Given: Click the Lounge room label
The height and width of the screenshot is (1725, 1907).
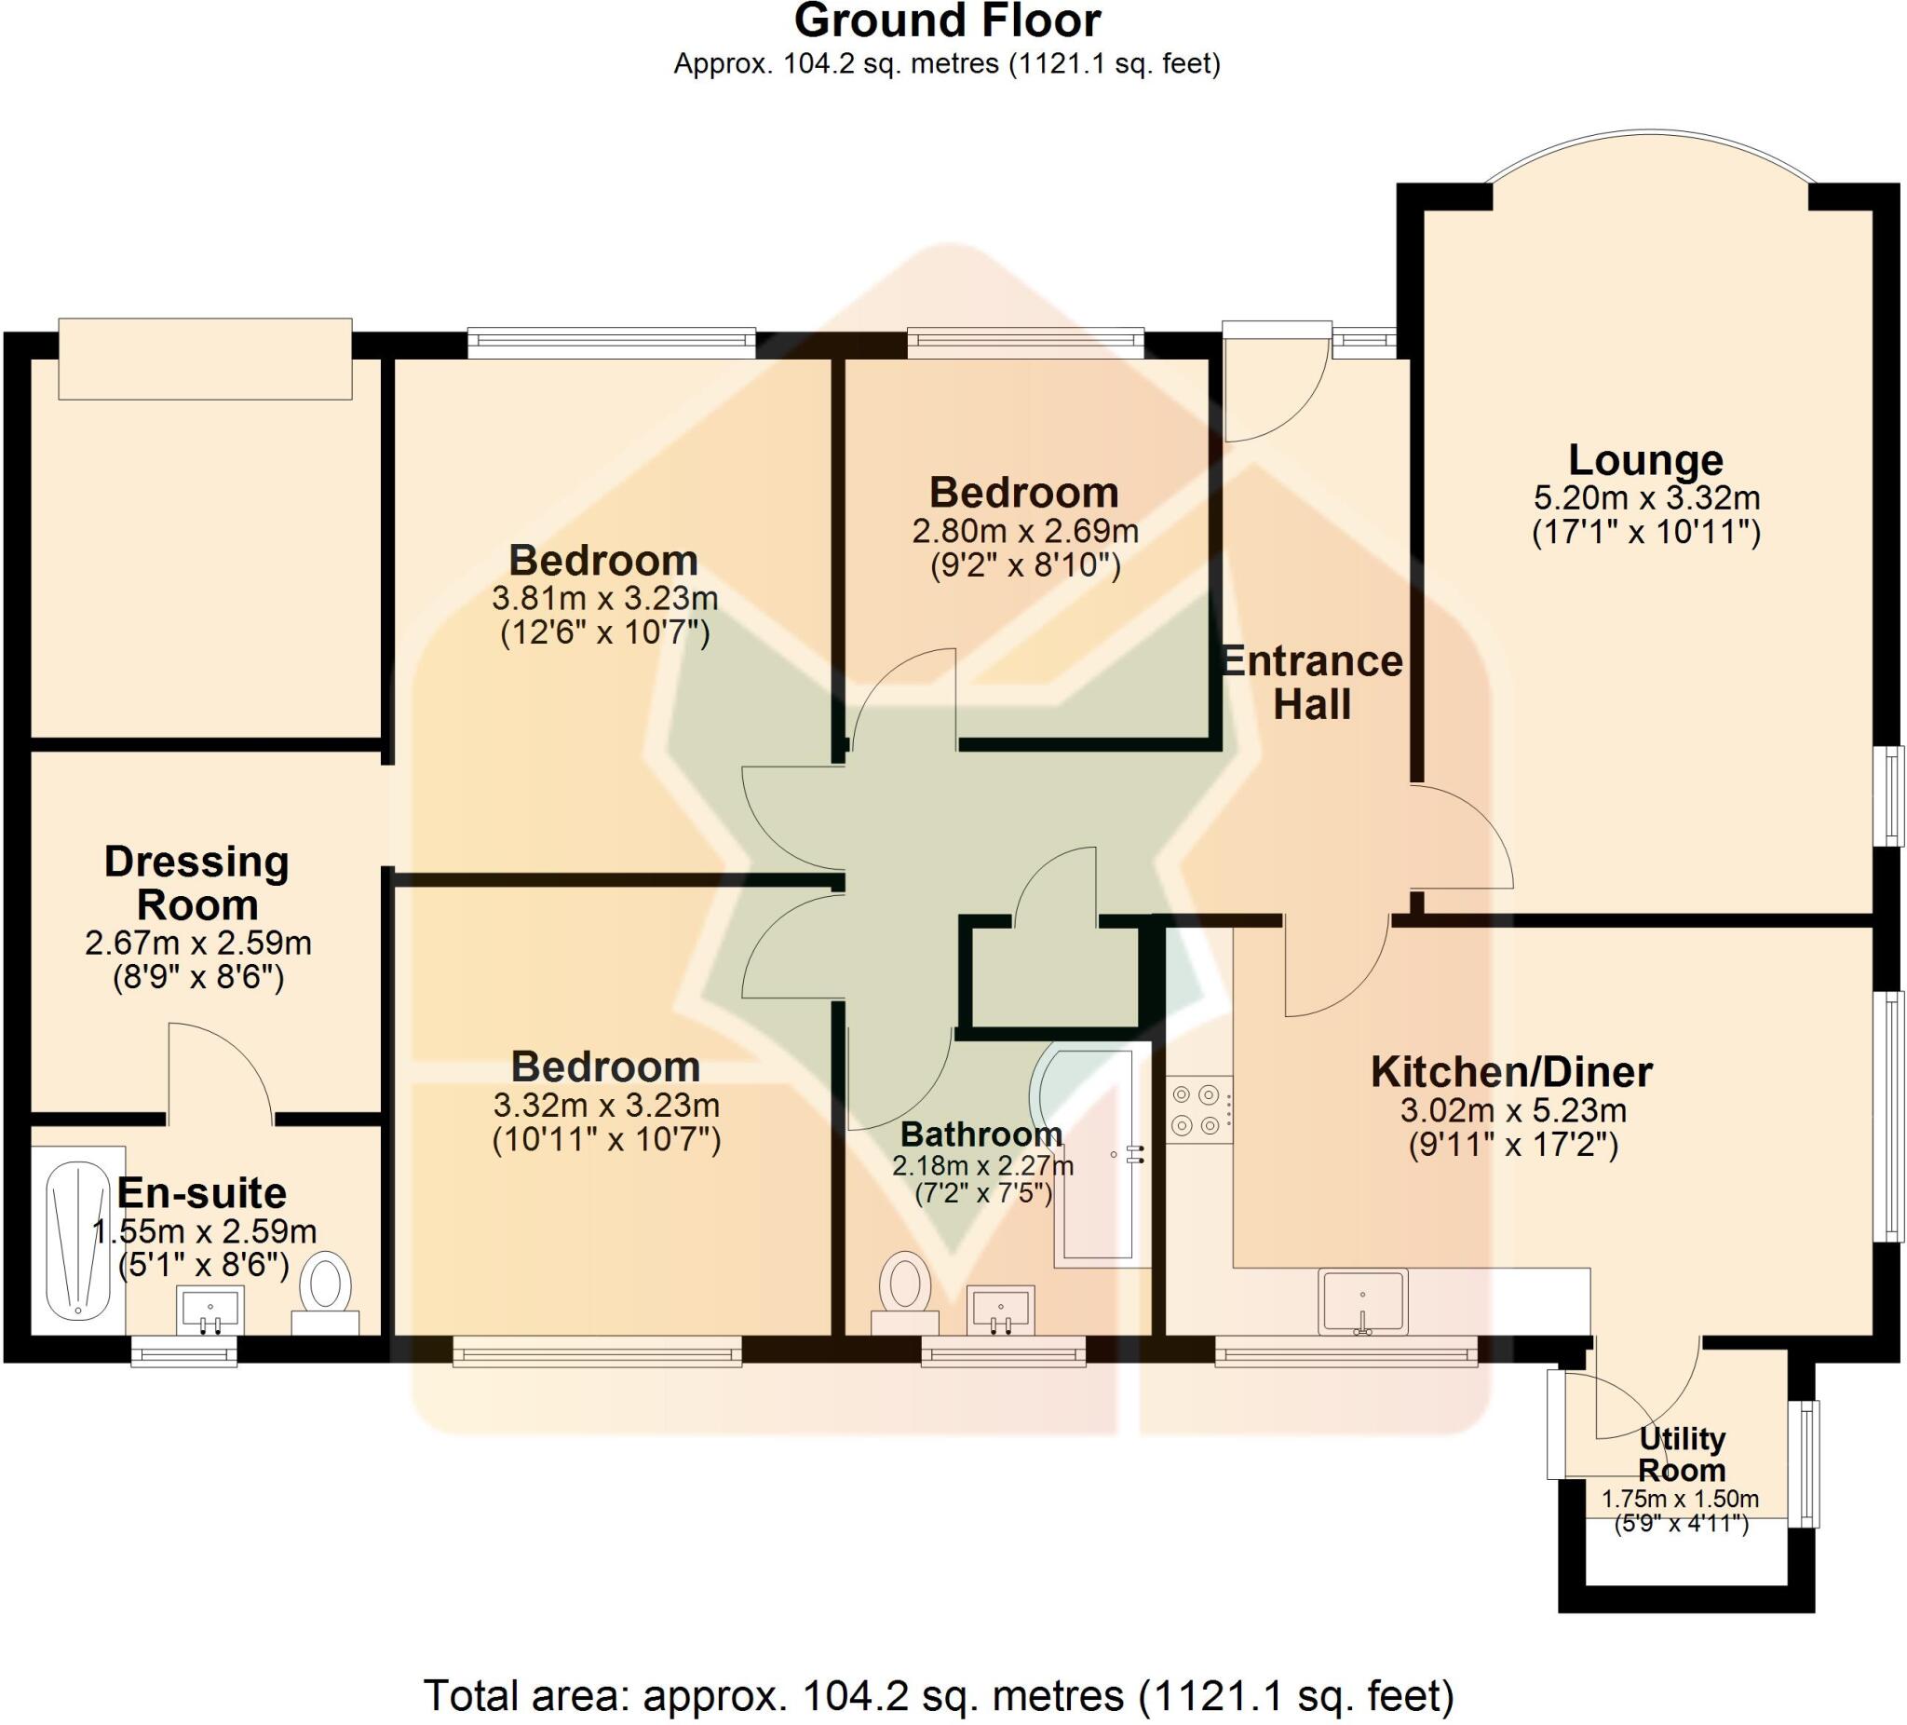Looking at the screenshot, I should click(x=1645, y=461).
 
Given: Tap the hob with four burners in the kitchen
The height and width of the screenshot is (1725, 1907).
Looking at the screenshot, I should click(x=1197, y=1110).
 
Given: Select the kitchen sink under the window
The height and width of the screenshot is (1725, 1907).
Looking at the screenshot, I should click(x=1362, y=1300).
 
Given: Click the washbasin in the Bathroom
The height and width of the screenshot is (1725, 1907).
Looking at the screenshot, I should click(x=1000, y=1310).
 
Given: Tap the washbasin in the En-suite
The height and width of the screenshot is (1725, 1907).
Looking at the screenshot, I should click(x=210, y=1310).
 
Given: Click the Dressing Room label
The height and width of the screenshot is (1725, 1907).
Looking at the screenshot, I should click(x=196, y=883).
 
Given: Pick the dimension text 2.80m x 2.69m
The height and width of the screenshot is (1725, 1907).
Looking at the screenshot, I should click(x=1024, y=531).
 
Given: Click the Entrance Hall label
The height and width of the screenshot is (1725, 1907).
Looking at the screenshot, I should click(x=1311, y=682).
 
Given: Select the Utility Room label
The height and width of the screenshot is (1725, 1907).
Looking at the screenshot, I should click(x=1682, y=1454).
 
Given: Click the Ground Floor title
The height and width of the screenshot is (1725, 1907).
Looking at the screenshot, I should click(x=947, y=20).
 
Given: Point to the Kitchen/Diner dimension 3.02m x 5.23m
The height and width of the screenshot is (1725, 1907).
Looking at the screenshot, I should click(x=1512, y=1110).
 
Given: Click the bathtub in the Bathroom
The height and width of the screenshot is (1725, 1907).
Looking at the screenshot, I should click(x=1097, y=1154).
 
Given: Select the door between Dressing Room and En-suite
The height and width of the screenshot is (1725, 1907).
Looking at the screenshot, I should click(x=221, y=1074).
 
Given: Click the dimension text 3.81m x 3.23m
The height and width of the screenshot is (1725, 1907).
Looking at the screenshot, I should click(x=604, y=598).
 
